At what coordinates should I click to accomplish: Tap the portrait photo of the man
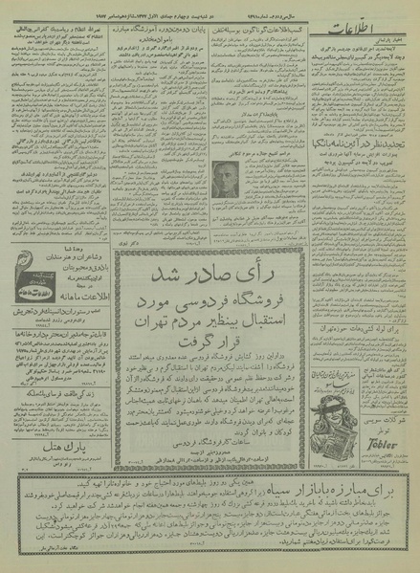227,178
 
